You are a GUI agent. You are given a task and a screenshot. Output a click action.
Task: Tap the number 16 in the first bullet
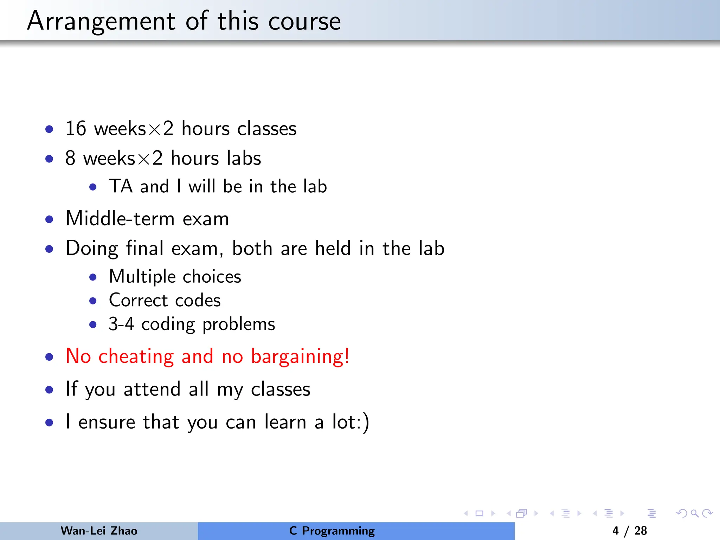click(x=76, y=128)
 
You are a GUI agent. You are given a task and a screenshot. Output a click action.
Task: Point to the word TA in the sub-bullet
click(x=121, y=186)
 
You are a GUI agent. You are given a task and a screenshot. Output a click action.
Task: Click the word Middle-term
click(x=120, y=219)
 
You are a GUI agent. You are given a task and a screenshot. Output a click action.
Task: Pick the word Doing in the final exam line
click(x=92, y=249)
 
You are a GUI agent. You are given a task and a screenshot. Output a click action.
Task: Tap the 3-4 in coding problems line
click(x=121, y=324)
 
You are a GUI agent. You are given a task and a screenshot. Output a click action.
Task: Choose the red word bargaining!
click(x=300, y=356)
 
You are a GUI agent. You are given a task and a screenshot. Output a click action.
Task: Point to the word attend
click(x=152, y=389)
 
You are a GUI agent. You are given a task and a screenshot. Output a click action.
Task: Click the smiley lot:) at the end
click(x=351, y=422)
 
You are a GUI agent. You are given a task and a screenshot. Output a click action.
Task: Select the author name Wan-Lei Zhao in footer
click(x=99, y=531)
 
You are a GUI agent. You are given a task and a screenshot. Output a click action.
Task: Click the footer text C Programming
click(x=332, y=531)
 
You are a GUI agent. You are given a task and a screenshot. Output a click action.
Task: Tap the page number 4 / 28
click(x=629, y=531)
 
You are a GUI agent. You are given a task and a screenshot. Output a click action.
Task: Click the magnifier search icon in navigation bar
click(x=694, y=514)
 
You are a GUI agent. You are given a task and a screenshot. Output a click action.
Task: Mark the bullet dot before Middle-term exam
click(x=49, y=220)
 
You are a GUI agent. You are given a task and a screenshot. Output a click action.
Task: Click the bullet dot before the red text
click(x=49, y=357)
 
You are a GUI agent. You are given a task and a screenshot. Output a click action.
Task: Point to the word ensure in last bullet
click(x=107, y=422)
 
